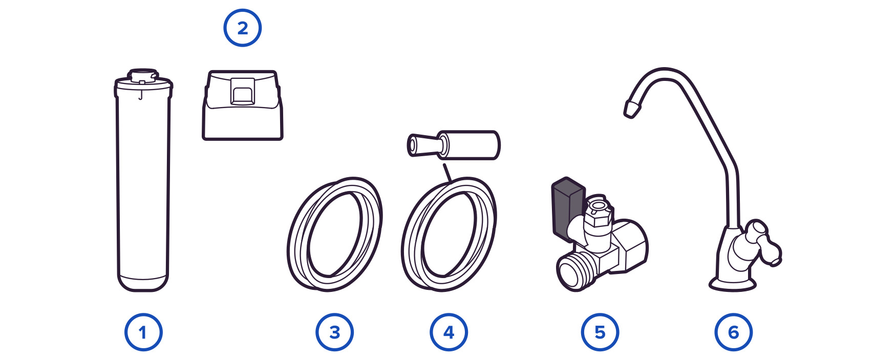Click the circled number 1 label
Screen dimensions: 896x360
[x=143, y=332]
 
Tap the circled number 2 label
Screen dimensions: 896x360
[x=242, y=28]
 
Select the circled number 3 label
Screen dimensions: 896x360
[x=334, y=332]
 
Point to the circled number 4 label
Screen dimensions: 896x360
[x=449, y=332]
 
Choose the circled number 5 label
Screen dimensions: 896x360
[x=600, y=332]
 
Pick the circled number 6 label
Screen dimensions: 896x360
[x=733, y=332]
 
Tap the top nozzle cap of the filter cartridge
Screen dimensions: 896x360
[x=142, y=75]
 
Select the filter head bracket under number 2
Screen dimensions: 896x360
[x=243, y=105]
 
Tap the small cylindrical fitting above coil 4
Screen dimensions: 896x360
[x=453, y=145]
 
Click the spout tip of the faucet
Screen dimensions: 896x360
[x=631, y=108]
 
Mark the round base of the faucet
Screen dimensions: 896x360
[x=732, y=283]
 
